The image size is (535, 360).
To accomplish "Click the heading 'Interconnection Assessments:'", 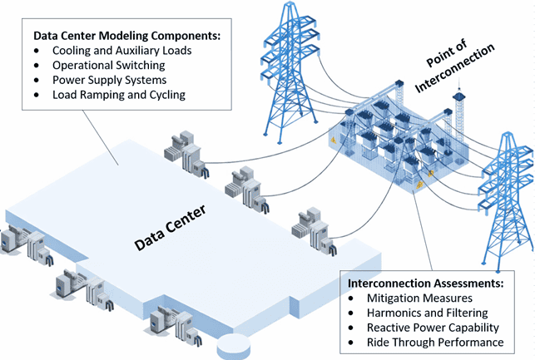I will coord(424,283).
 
